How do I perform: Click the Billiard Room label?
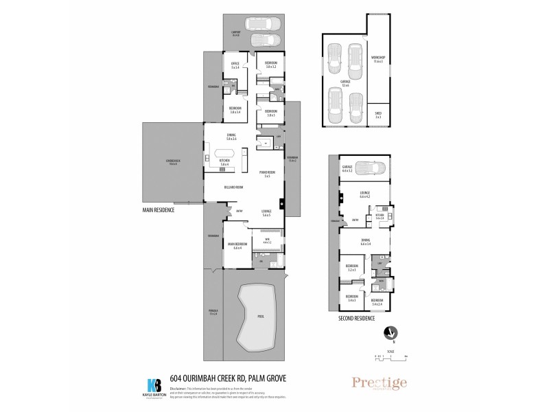[233, 187]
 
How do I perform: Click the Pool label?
[260, 317]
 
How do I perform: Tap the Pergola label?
[213, 312]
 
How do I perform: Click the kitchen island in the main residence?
[225, 154]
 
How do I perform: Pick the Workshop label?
[377, 59]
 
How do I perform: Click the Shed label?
[377, 115]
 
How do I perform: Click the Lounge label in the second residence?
[364, 194]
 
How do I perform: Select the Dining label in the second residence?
[365, 242]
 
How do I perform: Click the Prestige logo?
[379, 383]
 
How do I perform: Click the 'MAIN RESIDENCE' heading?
[159, 209]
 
